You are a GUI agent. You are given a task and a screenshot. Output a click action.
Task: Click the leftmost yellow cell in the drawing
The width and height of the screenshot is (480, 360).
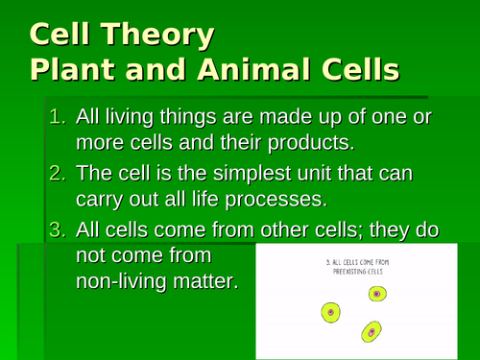(x=330, y=312)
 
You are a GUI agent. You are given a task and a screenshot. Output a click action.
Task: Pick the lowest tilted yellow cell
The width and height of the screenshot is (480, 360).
(x=369, y=332)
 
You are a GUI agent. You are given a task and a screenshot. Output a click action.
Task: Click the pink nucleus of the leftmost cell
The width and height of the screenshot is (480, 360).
(x=330, y=312)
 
